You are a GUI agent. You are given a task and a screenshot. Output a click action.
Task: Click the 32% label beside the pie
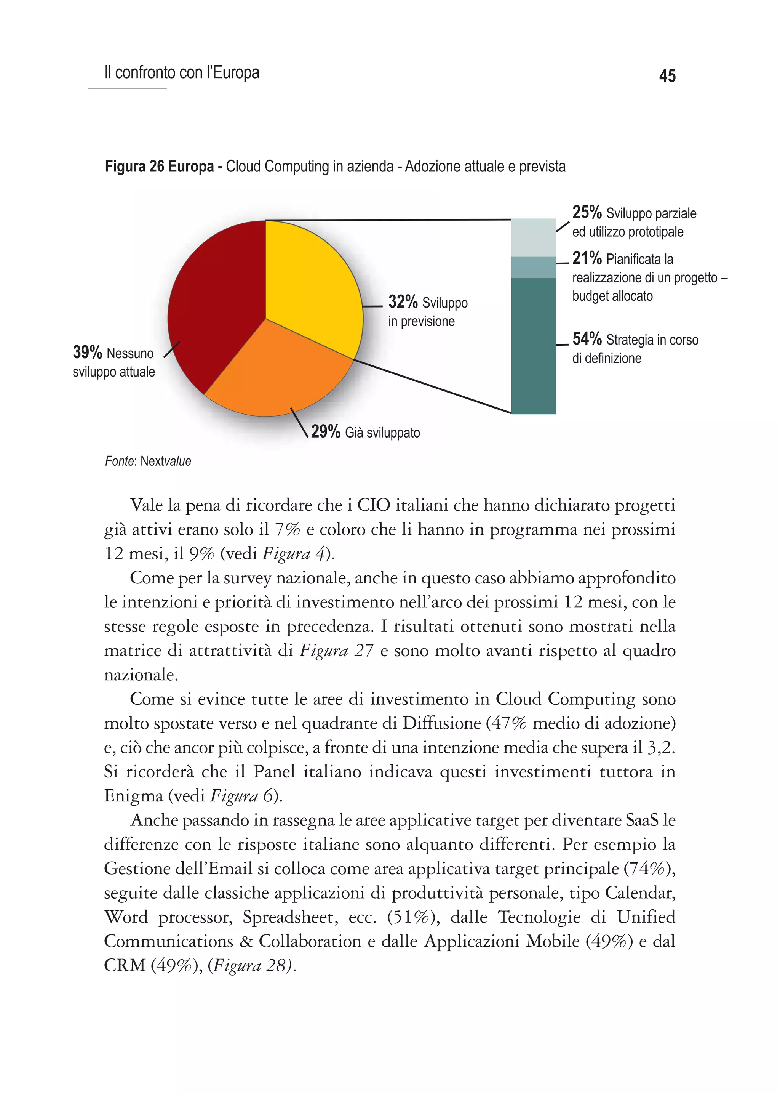click(403, 302)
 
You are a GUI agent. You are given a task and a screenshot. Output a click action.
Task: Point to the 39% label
click(88, 352)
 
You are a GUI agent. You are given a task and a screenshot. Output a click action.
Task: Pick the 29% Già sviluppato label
click(365, 432)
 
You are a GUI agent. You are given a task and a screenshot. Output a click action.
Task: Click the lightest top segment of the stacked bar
click(533, 237)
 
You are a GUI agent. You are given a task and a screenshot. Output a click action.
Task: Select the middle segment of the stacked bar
click(533, 267)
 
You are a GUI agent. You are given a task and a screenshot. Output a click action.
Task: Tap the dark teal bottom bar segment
click(533, 346)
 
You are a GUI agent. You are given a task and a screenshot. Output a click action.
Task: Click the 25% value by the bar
click(587, 212)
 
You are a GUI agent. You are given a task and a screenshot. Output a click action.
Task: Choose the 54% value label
click(587, 339)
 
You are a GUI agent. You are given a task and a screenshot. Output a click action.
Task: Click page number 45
click(667, 76)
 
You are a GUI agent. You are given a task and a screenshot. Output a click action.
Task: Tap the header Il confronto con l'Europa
click(182, 72)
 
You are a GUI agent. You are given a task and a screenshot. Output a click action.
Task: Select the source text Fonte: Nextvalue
click(148, 461)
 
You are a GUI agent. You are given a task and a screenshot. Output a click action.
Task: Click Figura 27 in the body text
click(336, 650)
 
